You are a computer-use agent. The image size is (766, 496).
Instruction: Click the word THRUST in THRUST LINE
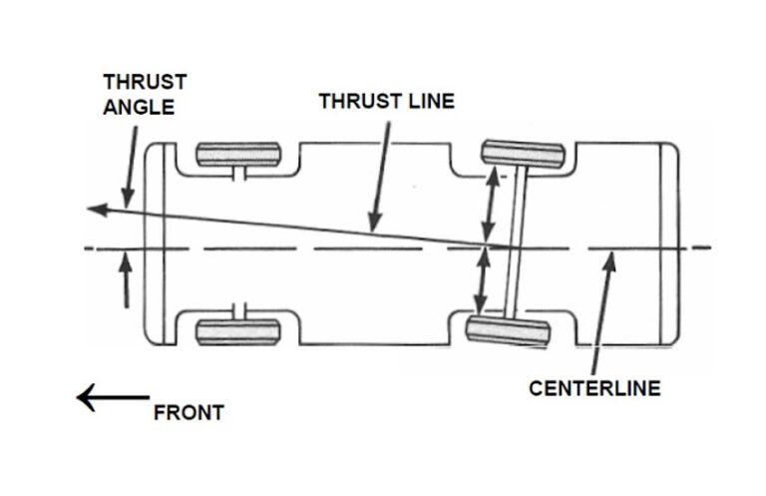pyautogui.click(x=354, y=101)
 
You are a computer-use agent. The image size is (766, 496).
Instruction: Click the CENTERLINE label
pyautogui.click(x=593, y=388)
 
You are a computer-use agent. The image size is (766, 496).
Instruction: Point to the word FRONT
pyautogui.click(x=189, y=412)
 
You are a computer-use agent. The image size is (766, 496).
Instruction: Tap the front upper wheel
pyautogui.click(x=238, y=156)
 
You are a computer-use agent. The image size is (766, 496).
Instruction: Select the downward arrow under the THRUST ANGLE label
pyautogui.click(x=126, y=175)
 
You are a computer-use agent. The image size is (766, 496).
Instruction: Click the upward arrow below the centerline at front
pyautogui.click(x=126, y=279)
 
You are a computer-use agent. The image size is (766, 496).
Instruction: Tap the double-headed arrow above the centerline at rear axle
pyautogui.click(x=490, y=205)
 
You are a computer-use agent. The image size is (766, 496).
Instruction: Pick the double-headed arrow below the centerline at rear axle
pyautogui.click(x=484, y=281)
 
